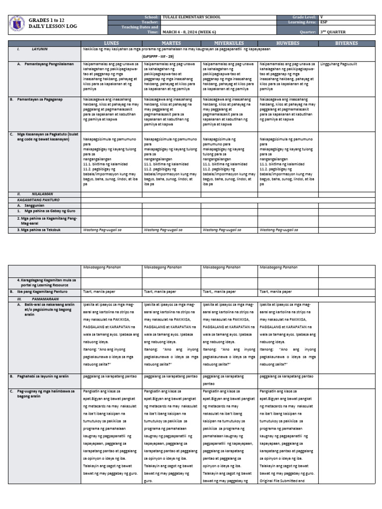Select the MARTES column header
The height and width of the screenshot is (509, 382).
pyautogui.click(x=171, y=43)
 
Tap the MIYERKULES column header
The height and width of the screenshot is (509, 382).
pyautogui.click(x=229, y=43)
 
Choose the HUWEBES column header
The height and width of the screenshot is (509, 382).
pyautogui.click(x=287, y=43)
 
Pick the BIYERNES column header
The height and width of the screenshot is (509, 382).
pyautogui.click(x=346, y=43)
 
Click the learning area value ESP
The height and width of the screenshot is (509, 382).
pyautogui.click(x=324, y=22)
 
